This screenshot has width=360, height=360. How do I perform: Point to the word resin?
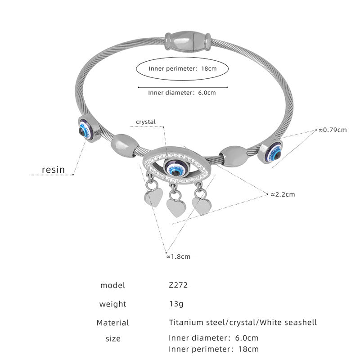pyautogui.click(x=53, y=170)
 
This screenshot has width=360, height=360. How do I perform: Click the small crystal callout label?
pyautogui.click(x=146, y=121)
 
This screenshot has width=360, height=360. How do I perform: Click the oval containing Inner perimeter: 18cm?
pyautogui.click(x=183, y=69)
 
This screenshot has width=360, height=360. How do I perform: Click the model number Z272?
pyautogui.click(x=178, y=285)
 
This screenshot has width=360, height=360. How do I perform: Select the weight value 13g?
pyautogui.click(x=176, y=304)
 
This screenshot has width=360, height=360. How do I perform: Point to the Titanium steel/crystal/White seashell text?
pyautogui.click(x=243, y=322)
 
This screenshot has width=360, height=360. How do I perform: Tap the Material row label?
pyautogui.click(x=112, y=323)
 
